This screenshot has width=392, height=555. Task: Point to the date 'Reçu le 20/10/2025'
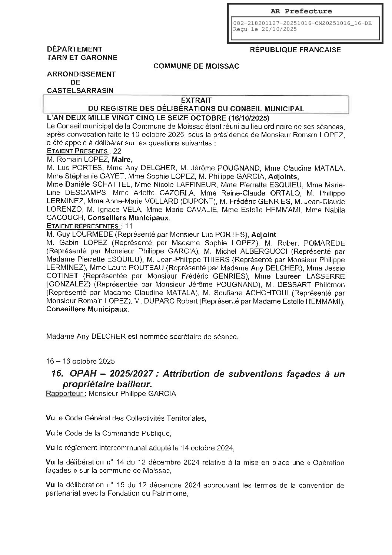pos(265,29)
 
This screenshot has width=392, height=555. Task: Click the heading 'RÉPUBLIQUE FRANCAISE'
pos(295,50)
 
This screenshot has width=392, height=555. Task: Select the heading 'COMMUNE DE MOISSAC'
pos(196,66)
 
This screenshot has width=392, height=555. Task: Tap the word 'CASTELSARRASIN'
pos(80,91)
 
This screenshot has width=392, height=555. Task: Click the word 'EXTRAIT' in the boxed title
pos(196,100)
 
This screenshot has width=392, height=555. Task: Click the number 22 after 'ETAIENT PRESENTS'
pos(117,151)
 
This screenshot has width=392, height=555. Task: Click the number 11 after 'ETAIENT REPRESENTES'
pos(129,226)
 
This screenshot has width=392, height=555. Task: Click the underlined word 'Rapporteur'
pos(64,394)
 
